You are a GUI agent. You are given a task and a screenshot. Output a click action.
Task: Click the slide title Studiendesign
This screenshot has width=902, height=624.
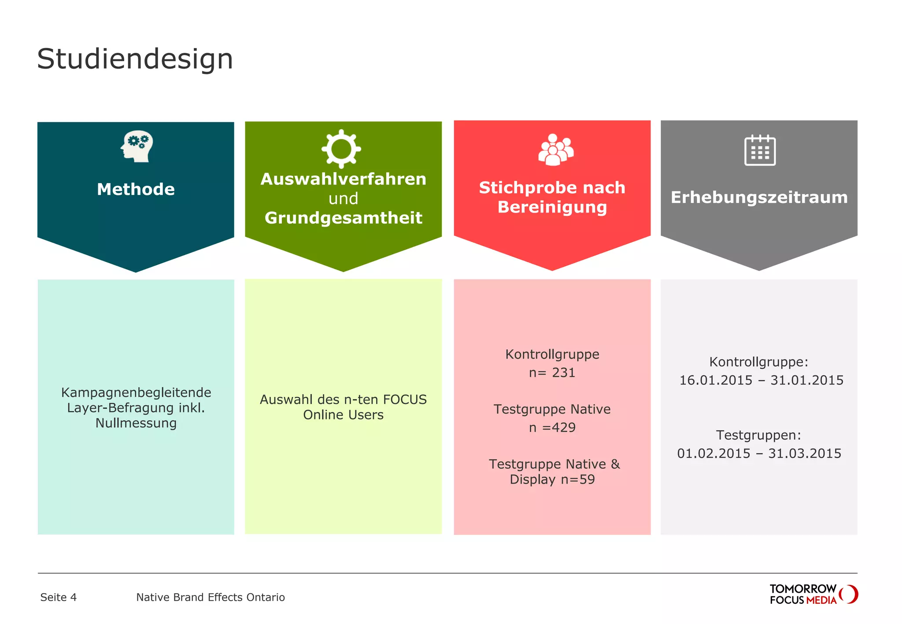(135, 59)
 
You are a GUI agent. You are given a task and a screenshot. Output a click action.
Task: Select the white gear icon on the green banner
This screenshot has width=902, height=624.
(341, 149)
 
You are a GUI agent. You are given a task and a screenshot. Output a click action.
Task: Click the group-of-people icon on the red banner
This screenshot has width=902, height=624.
(555, 150)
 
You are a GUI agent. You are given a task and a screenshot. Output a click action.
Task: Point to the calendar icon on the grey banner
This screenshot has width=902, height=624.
(760, 150)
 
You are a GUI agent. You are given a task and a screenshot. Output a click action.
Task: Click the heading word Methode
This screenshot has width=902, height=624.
(136, 189)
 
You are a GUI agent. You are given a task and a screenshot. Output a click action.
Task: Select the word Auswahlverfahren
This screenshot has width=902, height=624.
(343, 179)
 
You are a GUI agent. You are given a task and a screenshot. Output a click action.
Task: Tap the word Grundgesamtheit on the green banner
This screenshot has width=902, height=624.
(343, 218)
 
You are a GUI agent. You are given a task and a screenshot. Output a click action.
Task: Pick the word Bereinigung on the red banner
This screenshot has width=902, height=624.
(552, 207)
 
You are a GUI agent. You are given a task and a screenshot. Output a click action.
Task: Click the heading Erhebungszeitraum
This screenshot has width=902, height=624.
(759, 197)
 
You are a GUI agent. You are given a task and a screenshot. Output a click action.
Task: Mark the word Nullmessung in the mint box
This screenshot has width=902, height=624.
(136, 423)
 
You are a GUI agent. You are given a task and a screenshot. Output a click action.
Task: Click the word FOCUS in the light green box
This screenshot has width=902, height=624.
(405, 400)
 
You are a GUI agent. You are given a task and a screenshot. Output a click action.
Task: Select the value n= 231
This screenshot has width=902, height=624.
(552, 373)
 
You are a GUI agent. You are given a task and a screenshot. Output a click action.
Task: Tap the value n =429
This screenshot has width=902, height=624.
(552, 427)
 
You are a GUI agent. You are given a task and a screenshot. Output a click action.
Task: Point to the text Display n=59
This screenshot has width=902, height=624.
(552, 479)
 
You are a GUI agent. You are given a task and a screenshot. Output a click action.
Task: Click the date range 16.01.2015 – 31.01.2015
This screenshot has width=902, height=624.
(761, 380)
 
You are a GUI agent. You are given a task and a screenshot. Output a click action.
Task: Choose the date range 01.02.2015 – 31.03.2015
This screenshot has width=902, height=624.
(759, 453)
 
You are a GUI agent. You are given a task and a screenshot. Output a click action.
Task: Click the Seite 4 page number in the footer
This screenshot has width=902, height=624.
(58, 597)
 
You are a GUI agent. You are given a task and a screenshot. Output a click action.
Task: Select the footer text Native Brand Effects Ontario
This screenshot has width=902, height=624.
(210, 597)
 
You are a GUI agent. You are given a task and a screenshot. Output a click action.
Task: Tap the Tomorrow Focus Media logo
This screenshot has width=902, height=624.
(813, 594)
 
